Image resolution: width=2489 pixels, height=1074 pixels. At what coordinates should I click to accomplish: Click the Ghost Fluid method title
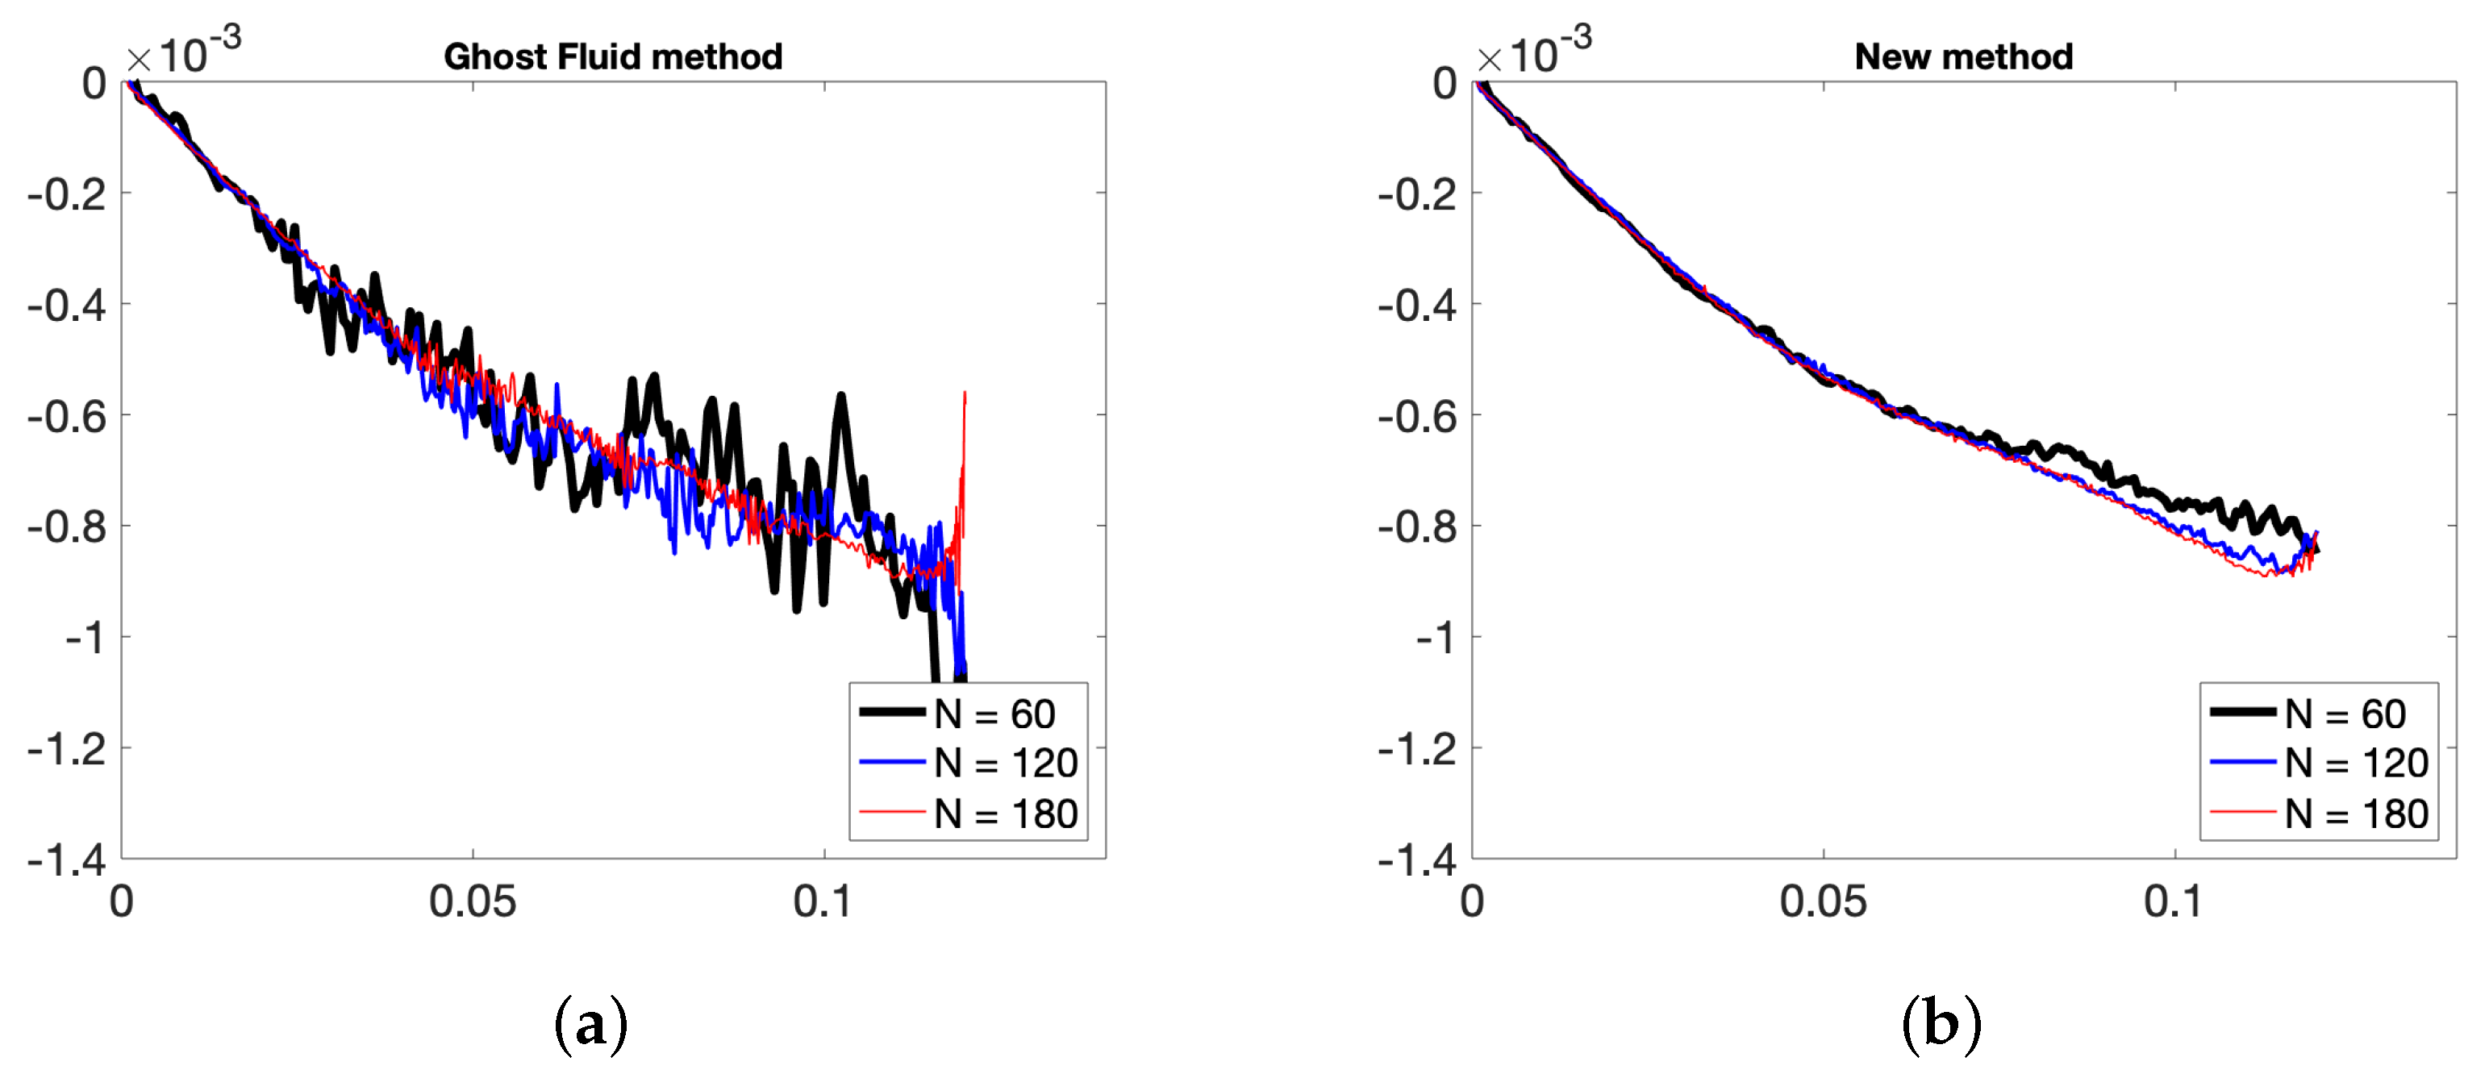click(x=613, y=57)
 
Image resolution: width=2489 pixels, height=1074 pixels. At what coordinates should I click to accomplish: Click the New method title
click(x=1963, y=57)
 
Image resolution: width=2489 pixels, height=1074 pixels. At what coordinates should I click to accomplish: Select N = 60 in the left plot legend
click(x=994, y=714)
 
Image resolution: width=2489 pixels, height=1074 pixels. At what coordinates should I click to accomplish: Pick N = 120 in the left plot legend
click(x=1005, y=763)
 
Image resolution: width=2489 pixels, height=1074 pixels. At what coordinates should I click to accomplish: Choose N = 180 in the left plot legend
click(x=1005, y=814)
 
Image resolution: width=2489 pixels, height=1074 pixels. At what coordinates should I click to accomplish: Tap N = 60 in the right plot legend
click(x=2344, y=714)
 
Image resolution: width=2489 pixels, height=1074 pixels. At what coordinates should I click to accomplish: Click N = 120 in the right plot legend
click(x=2356, y=763)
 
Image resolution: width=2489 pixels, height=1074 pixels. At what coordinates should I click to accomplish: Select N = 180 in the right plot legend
click(x=2356, y=814)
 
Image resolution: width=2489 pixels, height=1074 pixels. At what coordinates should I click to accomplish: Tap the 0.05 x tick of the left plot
click(x=473, y=902)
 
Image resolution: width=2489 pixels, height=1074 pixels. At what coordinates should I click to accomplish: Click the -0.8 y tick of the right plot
click(x=1417, y=527)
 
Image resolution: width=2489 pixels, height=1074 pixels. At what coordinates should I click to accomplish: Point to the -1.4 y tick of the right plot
click(x=1417, y=860)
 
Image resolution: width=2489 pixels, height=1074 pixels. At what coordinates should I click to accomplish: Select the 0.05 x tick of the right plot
click(x=1824, y=902)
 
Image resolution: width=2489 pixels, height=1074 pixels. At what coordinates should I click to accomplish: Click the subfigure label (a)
click(x=591, y=1024)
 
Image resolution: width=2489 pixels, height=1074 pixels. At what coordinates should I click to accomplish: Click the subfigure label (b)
click(x=1941, y=1024)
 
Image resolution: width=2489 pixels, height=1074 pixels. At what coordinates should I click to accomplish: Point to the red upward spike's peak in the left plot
click(x=965, y=394)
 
